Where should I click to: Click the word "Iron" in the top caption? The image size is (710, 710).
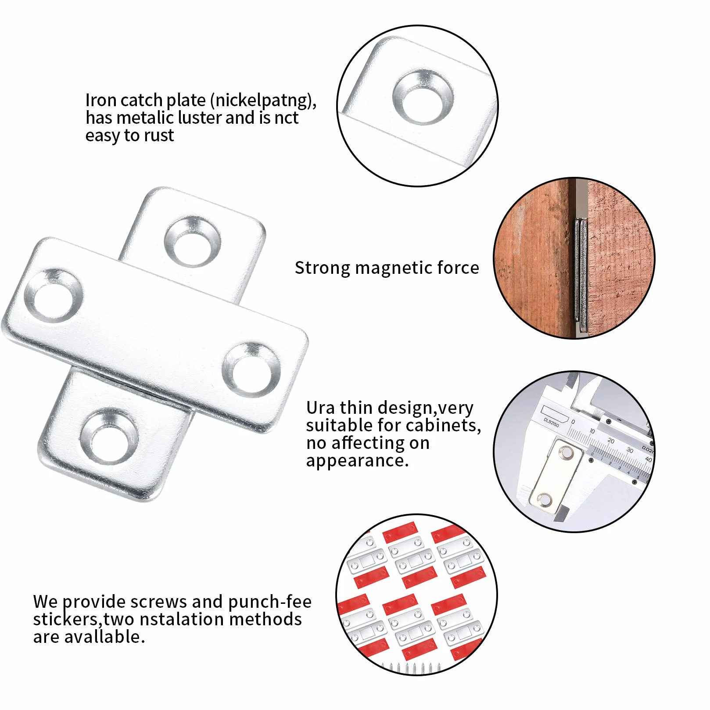(x=100, y=100)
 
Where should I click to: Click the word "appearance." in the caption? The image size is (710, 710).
(x=357, y=461)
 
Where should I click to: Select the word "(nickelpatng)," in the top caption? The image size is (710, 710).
(x=263, y=100)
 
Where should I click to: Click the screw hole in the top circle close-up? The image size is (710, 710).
(x=423, y=98)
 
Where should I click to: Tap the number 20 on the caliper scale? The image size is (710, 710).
(x=611, y=441)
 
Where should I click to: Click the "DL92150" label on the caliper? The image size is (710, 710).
(x=551, y=423)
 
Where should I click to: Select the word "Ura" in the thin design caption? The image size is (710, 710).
(x=320, y=408)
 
